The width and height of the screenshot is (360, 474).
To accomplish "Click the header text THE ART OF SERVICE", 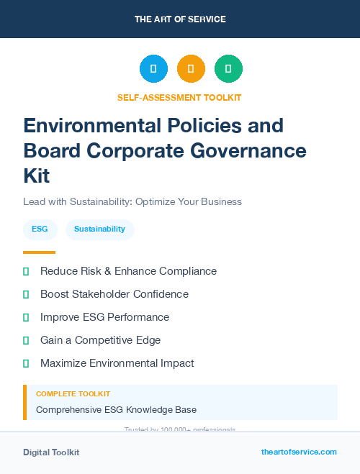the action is pyautogui.click(x=180, y=19).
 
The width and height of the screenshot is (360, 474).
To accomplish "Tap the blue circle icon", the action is pyautogui.click(x=153, y=69).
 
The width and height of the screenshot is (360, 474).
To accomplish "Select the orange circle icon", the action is pyautogui.click(x=191, y=69).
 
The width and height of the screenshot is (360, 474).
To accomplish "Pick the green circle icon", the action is pyautogui.click(x=228, y=69).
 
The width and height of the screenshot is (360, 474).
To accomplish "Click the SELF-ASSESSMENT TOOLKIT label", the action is pyautogui.click(x=179, y=97).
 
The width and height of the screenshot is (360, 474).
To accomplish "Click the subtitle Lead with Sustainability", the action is pyautogui.click(x=132, y=201).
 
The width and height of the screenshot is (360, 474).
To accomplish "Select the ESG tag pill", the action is pyautogui.click(x=40, y=229).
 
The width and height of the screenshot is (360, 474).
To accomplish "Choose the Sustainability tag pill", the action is pyautogui.click(x=99, y=229).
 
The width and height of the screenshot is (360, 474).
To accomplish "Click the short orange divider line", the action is pyautogui.click(x=39, y=252).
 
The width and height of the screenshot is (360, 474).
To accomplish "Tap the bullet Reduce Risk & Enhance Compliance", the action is pyautogui.click(x=128, y=271).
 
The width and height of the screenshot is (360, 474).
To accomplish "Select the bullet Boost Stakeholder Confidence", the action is pyautogui.click(x=114, y=294).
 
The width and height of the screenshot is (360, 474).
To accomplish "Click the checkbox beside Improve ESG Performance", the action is pyautogui.click(x=26, y=317).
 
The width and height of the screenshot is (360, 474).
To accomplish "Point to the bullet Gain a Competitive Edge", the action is pyautogui.click(x=100, y=340).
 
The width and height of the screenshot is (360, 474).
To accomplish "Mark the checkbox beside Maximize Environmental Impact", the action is pyautogui.click(x=26, y=363).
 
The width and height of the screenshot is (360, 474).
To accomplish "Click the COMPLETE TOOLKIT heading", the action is pyautogui.click(x=73, y=394).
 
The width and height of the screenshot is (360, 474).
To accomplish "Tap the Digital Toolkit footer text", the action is pyautogui.click(x=51, y=452).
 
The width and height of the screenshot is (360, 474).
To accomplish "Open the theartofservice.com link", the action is pyautogui.click(x=299, y=452).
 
